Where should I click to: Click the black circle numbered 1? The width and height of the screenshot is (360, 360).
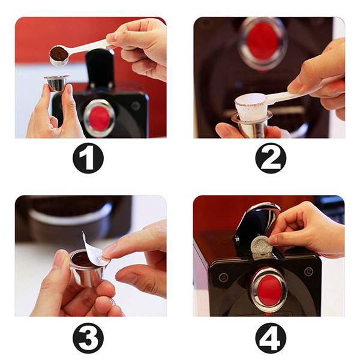[x=88, y=158]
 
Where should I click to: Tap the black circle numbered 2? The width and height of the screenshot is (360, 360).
[x=271, y=158]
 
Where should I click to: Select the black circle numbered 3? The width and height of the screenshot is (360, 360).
[x=88, y=338]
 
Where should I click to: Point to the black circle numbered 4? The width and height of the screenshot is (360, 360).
[x=271, y=338]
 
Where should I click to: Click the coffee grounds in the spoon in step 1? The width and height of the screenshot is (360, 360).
[x=59, y=53]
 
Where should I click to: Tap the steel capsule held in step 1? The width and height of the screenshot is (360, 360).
[x=56, y=83]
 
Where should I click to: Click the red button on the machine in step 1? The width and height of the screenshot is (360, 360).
[x=100, y=118]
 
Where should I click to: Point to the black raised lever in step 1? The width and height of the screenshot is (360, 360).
[x=100, y=69]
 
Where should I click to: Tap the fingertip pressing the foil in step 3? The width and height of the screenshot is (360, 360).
[x=108, y=253]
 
